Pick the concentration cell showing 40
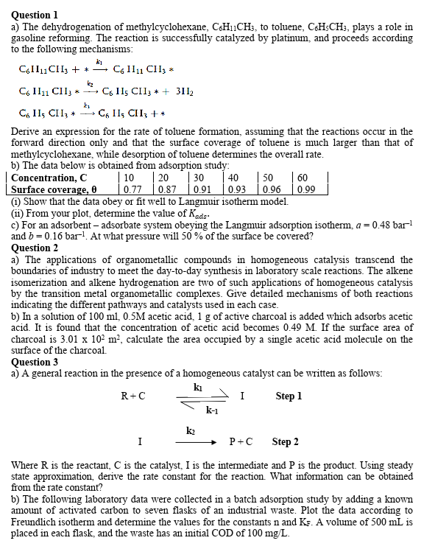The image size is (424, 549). [x=234, y=178]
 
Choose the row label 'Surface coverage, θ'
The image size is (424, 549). [x=57, y=189]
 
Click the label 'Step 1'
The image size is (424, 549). [x=289, y=396]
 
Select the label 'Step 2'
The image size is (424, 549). [x=285, y=442]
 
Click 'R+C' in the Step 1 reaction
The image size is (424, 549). [x=132, y=396]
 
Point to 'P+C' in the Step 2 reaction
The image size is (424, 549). [x=241, y=442]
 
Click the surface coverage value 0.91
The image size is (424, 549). [x=200, y=189]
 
